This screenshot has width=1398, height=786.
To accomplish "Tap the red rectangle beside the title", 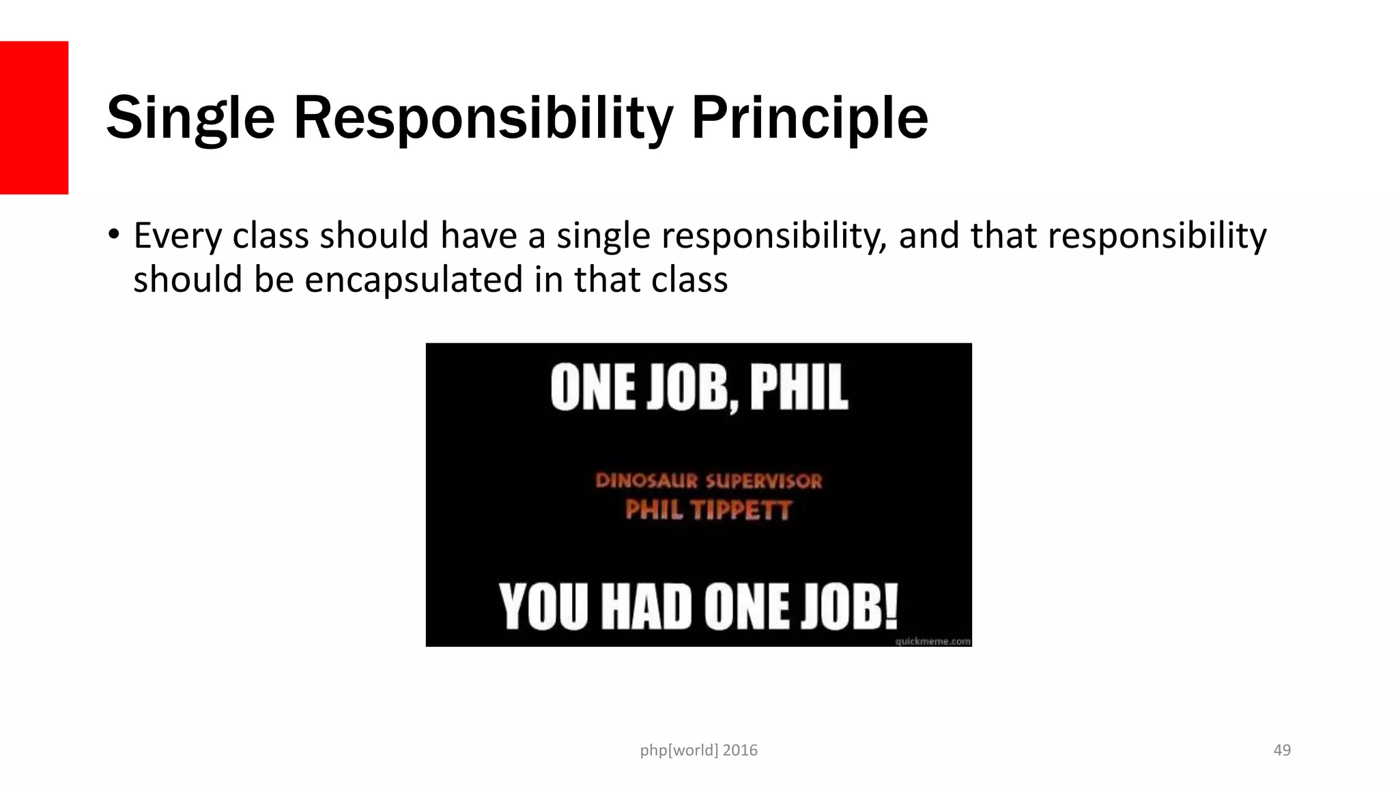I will [x=33, y=117].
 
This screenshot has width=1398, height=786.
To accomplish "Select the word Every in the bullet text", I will [x=177, y=236].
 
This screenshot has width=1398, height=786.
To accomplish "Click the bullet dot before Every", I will [x=113, y=235].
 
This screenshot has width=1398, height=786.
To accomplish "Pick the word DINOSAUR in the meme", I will [x=646, y=481].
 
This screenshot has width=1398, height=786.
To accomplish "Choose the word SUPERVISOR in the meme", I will [x=764, y=481].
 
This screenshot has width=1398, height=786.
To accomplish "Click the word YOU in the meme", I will [x=543, y=606].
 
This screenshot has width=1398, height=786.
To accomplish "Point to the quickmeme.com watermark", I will [x=932, y=641].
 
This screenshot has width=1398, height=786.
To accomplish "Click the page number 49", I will [x=1282, y=750].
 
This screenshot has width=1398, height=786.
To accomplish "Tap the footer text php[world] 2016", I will [x=698, y=750].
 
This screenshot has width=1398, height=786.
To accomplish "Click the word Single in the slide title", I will [x=190, y=118].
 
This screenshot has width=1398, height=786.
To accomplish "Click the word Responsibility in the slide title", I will [x=483, y=118].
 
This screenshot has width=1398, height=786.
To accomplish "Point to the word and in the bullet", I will [x=929, y=236].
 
